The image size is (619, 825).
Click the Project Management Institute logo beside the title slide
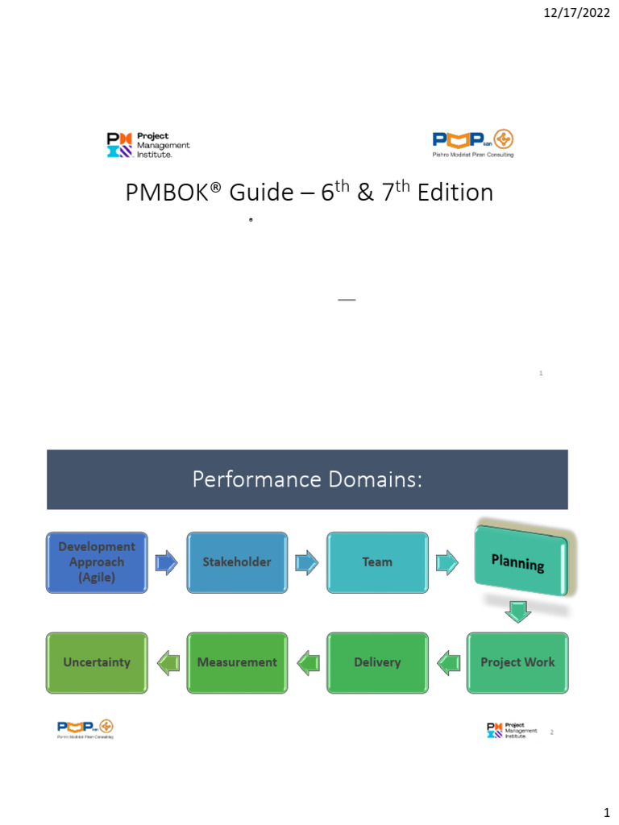pos(148,145)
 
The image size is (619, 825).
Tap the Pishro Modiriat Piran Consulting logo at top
pos(473,143)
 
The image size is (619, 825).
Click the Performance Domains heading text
pos(307,479)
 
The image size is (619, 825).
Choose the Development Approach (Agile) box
pos(97,562)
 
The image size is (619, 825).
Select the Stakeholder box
pos(237,562)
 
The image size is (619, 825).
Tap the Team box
pos(377,562)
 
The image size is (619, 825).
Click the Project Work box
pos(517,662)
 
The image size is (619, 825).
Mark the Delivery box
pos(377,662)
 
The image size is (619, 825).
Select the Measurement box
pos(237,662)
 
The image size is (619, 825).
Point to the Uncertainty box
pos(97,662)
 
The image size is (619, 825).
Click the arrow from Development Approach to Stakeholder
pos(167,562)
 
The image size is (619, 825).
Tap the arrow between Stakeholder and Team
pos(307,562)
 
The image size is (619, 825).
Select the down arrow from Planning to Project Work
pos(518,613)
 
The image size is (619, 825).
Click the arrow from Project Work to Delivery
pos(447,663)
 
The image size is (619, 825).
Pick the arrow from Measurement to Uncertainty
pos(167,663)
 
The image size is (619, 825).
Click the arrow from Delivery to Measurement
pos(307,663)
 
